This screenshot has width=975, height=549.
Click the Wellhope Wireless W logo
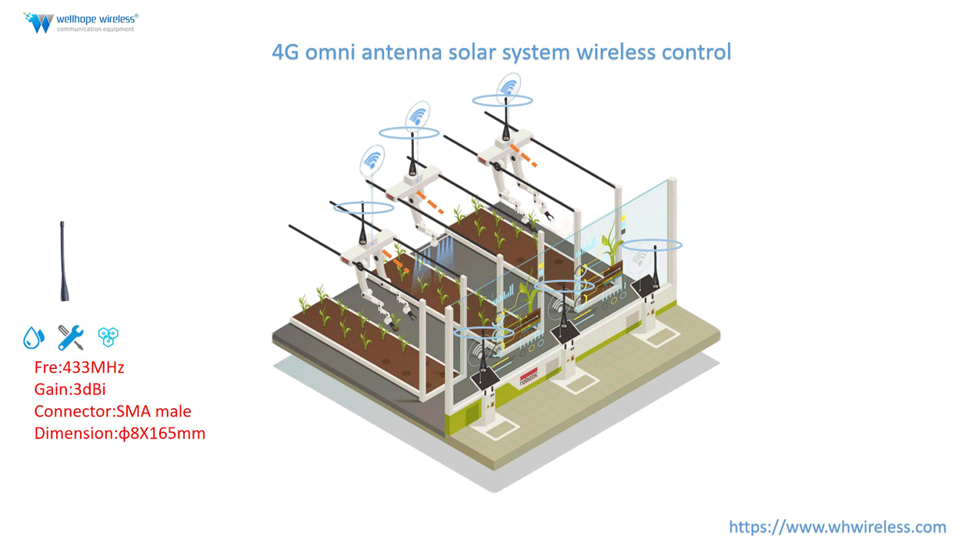[38, 22]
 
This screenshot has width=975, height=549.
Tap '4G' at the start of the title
[285, 52]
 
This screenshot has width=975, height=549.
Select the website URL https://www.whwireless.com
[837, 527]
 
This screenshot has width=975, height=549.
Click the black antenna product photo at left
[63, 261]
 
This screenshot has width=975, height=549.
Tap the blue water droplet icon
[33, 337]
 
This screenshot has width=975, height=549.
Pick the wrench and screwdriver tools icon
[71, 337]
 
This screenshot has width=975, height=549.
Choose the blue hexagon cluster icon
[108, 336]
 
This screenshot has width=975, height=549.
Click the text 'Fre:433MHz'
[78, 367]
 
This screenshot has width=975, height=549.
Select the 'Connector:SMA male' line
[112, 411]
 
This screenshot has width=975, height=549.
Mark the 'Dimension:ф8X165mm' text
[119, 433]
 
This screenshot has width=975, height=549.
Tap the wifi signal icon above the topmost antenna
[508, 86]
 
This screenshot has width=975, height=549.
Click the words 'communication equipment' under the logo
[95, 29]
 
